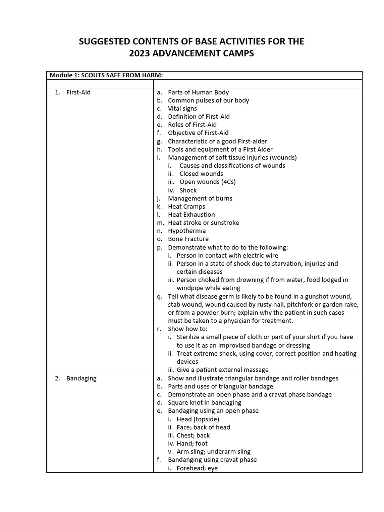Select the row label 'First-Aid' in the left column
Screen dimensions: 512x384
point(78,92)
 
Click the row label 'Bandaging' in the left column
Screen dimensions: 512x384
point(81,378)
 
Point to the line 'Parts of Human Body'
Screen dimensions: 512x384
point(198,92)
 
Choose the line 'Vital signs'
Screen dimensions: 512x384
point(182,108)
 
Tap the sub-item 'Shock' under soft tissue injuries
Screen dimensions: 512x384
point(188,190)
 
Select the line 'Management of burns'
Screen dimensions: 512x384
point(200,198)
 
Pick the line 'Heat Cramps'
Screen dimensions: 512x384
point(186,206)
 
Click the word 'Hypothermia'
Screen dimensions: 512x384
point(187,231)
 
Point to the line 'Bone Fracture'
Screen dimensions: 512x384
point(188,239)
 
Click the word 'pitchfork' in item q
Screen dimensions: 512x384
point(315,304)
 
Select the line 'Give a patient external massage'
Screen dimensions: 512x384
point(222,370)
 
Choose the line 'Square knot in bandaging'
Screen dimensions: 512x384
point(204,402)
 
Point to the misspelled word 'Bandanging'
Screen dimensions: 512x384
point(184,460)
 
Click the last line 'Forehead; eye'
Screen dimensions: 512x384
point(197,468)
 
